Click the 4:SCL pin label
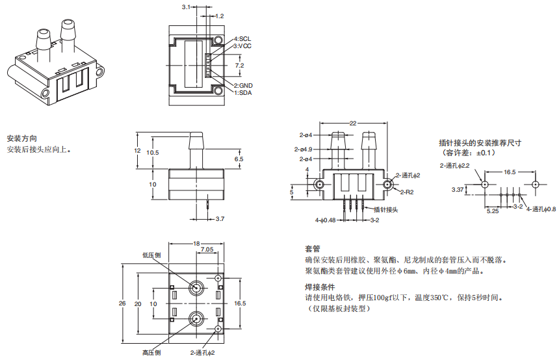243,39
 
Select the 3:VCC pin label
243,46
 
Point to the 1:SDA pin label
243,93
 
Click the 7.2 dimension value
239,66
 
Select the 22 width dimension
353,123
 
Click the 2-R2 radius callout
408,192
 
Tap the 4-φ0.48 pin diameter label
326,220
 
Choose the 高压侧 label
151,353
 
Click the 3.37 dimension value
458,190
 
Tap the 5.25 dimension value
492,211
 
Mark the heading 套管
312,249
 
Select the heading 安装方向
21,139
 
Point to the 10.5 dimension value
153,153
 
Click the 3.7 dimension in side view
219,219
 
